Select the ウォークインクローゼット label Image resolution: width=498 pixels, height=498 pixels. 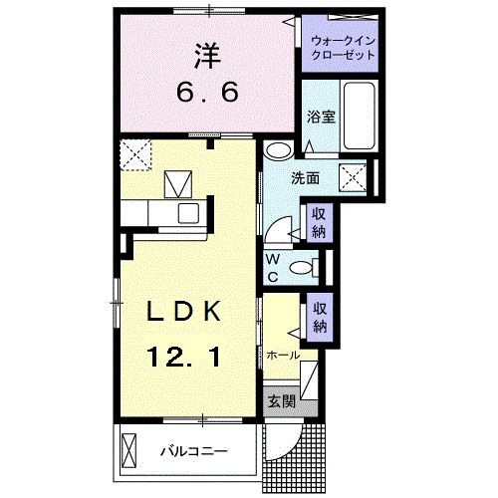pos(344,48)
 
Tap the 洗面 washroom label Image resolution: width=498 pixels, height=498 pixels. pos(305,178)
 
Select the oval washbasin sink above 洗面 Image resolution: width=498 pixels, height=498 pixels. pos(279,151)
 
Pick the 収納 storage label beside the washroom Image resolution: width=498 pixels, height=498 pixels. pos(318,225)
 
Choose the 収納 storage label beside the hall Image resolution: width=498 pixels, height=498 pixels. pos(319,316)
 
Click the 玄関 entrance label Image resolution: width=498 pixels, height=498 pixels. pos(280,401)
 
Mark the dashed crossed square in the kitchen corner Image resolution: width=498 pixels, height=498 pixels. pos(133,154)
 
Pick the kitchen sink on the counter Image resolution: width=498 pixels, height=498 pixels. pos(187,213)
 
